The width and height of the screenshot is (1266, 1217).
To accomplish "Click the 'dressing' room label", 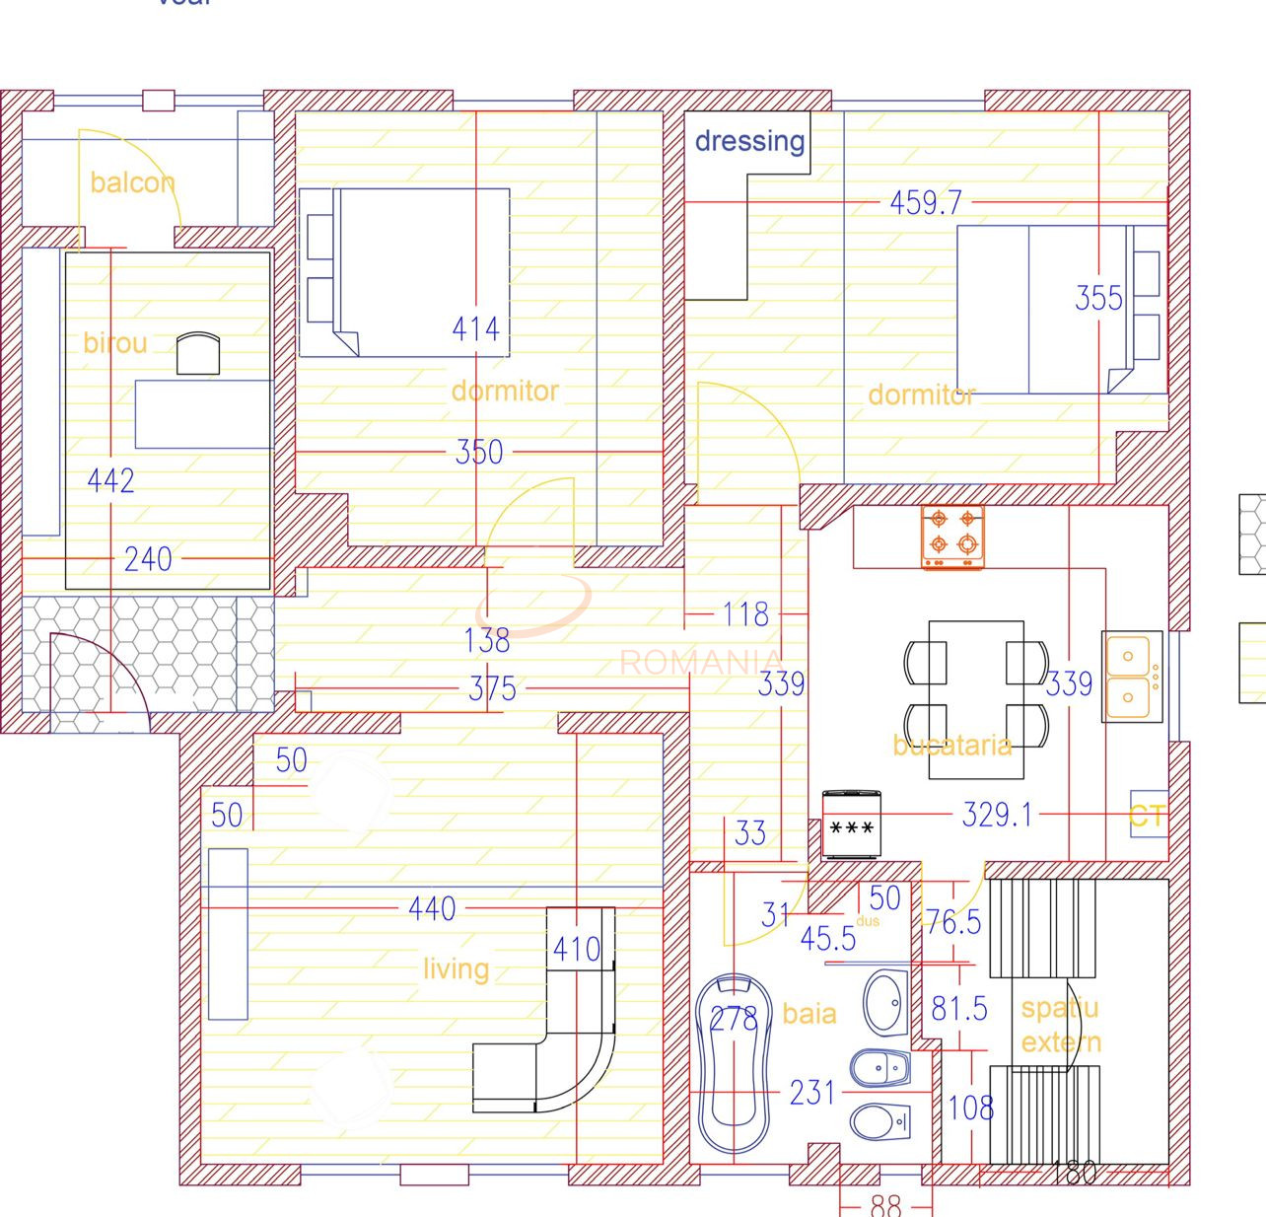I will (749, 141).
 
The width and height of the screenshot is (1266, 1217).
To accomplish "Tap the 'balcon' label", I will (132, 182).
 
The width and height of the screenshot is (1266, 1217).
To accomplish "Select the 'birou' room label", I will (115, 343).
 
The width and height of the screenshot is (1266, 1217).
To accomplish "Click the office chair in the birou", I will (197, 353).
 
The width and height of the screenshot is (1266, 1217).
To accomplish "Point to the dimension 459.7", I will (925, 203).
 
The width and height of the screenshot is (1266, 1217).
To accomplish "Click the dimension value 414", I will (475, 328).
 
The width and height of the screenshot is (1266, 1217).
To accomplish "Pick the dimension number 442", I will (110, 480).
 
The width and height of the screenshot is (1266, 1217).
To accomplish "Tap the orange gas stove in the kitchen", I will (952, 537).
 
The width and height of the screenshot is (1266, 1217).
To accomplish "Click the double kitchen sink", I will (1132, 678).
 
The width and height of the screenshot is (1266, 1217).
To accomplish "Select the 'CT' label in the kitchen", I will (1148, 816).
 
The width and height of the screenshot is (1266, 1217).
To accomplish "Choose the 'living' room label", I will (456, 969).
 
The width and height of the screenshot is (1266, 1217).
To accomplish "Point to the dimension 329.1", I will (997, 815).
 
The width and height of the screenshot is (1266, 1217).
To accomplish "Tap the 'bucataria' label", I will (952, 745).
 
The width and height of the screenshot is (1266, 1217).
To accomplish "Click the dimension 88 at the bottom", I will (885, 1205).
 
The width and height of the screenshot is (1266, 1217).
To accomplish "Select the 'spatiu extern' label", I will (1061, 1025).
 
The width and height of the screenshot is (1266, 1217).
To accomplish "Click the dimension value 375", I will (492, 688).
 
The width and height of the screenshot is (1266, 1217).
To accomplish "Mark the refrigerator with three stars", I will (852, 823).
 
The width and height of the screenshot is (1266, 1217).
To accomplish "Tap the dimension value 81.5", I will (958, 1009).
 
